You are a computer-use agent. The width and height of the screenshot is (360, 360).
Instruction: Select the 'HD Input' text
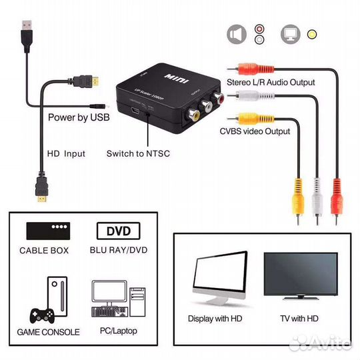(66, 153)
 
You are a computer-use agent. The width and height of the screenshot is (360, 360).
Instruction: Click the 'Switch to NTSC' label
(138, 153)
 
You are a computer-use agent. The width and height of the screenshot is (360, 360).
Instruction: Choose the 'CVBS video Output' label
(255, 131)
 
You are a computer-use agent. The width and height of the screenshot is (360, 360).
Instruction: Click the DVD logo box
(119, 231)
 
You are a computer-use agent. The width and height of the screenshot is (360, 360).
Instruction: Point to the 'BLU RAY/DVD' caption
(119, 251)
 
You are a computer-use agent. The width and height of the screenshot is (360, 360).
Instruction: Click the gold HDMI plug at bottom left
(42, 197)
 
